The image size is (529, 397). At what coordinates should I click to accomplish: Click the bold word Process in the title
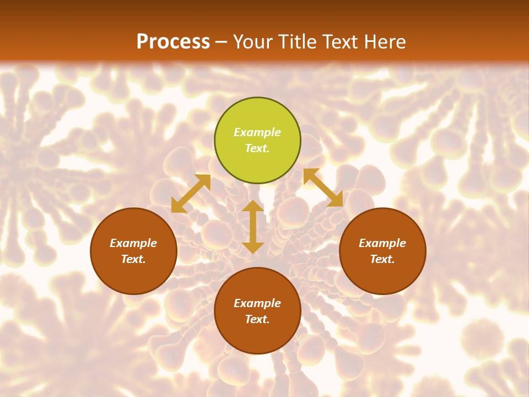pyautogui.click(x=173, y=42)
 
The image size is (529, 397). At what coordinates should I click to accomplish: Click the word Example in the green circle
pyautogui.click(x=257, y=132)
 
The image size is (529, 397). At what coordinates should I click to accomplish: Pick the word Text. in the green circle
pyautogui.click(x=257, y=148)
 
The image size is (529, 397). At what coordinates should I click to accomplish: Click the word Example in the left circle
pyautogui.click(x=133, y=243)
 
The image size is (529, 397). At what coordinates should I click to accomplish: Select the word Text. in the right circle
pyautogui.click(x=382, y=259)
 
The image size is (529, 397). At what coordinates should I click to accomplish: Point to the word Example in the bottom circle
pyautogui.click(x=257, y=303)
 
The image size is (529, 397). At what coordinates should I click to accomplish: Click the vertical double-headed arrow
pyautogui.click(x=253, y=227)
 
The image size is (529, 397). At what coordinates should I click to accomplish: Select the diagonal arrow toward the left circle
pyautogui.click(x=191, y=194)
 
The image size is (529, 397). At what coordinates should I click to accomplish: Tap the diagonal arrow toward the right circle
pyautogui.click(x=323, y=188)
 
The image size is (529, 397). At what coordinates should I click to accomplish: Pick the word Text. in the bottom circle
pyautogui.click(x=257, y=319)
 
